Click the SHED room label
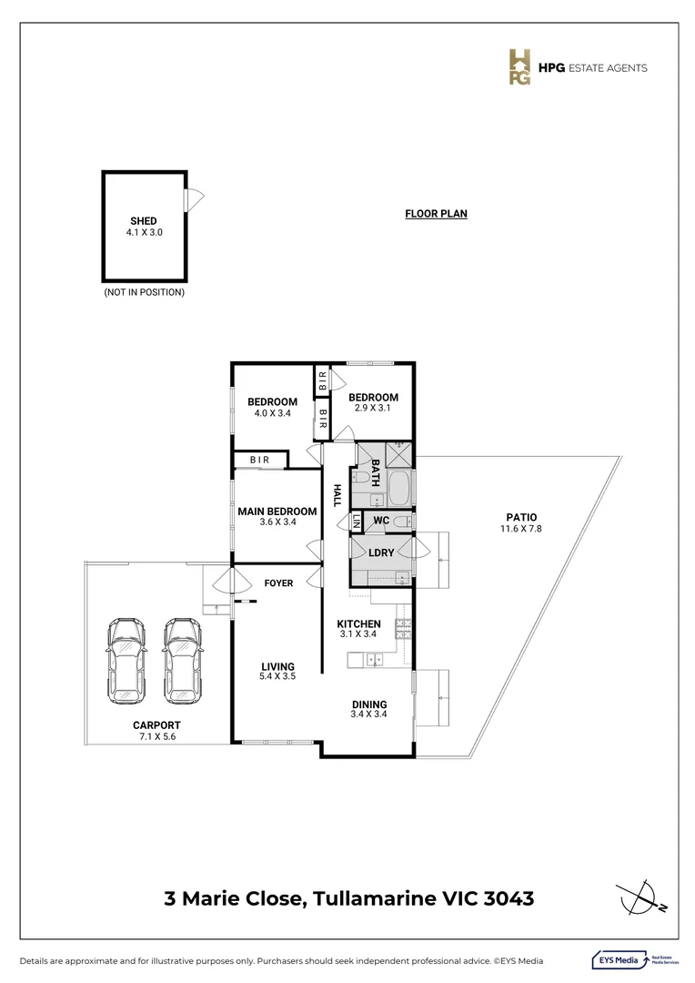tap(144, 220)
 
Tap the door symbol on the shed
tap(194, 200)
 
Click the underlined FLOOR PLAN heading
tap(436, 214)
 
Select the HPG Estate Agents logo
tap(577, 67)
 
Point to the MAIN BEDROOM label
tap(277, 512)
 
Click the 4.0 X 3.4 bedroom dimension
tap(273, 413)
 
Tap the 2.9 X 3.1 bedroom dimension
tap(373, 408)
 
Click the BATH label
tap(376, 472)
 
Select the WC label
tap(381, 521)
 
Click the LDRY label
tap(381, 552)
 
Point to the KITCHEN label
tap(358, 623)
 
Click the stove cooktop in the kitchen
tap(403, 629)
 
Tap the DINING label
tap(369, 704)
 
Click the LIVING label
tap(277, 666)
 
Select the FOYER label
tap(279, 583)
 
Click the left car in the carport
tap(126, 661)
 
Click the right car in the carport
tap(183, 661)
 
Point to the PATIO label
tap(521, 517)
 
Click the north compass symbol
tap(640, 897)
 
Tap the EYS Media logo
tap(635, 960)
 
